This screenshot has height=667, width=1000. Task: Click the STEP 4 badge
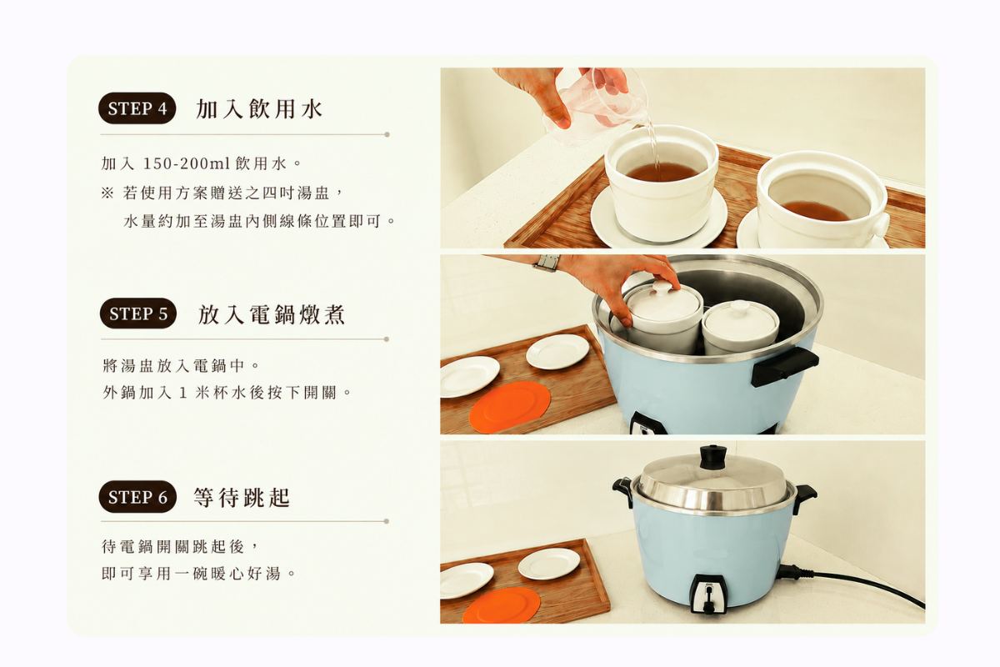pyautogui.click(x=137, y=108)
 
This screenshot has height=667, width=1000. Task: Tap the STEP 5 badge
pyautogui.click(x=138, y=313)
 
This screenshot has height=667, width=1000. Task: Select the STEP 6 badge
pyautogui.click(x=137, y=497)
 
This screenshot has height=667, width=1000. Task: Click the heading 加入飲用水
pyautogui.click(x=259, y=108)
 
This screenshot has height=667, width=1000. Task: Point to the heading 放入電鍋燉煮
pyautogui.click(x=272, y=314)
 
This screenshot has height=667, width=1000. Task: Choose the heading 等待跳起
pyautogui.click(x=242, y=497)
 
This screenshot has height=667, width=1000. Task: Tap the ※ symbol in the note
pyautogui.click(x=107, y=193)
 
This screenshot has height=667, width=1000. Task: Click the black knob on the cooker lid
pyautogui.click(x=712, y=456)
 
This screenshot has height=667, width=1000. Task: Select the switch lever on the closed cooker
pyautogui.click(x=708, y=599)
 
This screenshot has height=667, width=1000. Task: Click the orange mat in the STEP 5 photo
pyautogui.click(x=510, y=407)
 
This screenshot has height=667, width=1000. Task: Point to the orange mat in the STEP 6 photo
pyautogui.click(x=502, y=606)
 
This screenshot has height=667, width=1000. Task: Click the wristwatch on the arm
pyautogui.click(x=547, y=263)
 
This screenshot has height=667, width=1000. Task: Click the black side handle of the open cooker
pyautogui.click(x=785, y=366)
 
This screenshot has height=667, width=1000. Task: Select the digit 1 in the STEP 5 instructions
pyautogui.click(x=182, y=393)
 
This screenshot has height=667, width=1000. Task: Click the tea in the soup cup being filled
pyautogui.click(x=662, y=172)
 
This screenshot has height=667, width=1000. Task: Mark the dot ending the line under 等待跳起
pyautogui.click(x=386, y=521)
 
